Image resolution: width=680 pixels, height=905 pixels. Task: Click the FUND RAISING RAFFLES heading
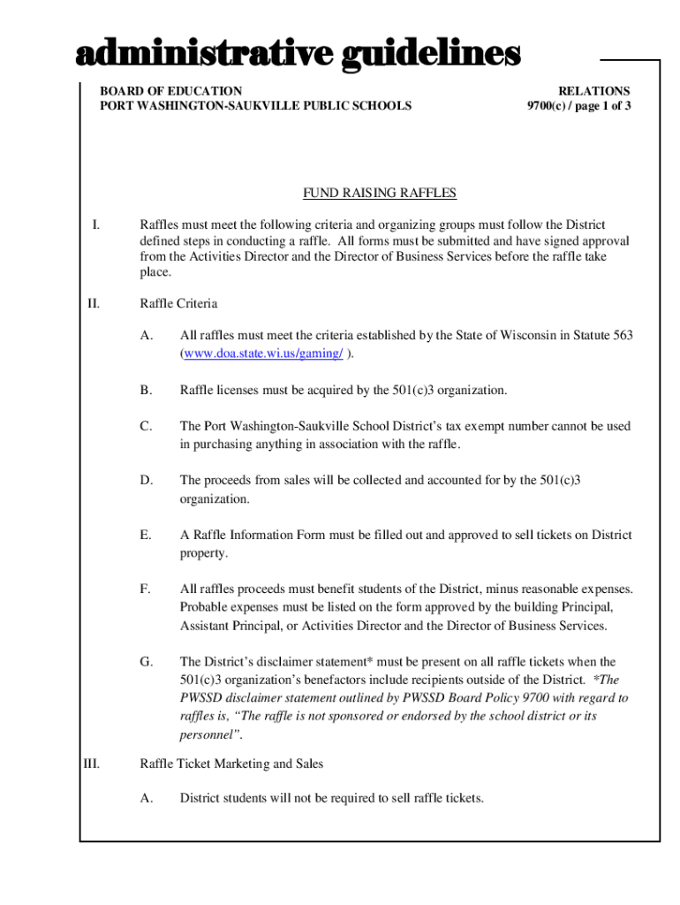coord(380,194)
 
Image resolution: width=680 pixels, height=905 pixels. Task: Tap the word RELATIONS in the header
coord(593,91)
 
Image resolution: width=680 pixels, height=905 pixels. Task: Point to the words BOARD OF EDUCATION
coord(170,91)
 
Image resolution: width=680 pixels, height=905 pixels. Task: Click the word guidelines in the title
coord(426,55)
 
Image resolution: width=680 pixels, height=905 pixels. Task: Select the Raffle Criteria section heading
coord(178,304)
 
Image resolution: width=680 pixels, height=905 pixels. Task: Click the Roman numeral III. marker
coord(91,764)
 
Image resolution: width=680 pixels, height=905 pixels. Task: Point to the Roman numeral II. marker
coord(93,304)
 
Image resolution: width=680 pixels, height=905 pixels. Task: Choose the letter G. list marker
coord(147,661)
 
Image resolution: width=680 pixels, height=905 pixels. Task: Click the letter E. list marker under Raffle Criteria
coord(146,535)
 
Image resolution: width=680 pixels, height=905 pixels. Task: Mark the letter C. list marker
coord(146,425)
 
